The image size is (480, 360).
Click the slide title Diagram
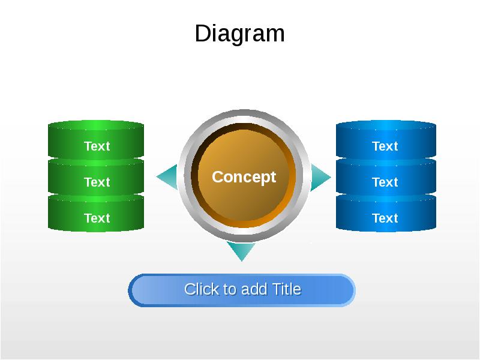coord(239,34)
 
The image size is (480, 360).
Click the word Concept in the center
coord(244,177)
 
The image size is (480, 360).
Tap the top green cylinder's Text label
coord(97,146)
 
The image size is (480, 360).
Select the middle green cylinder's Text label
coord(97,182)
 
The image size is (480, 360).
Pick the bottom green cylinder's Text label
coord(97,218)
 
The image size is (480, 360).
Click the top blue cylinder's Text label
coord(385,146)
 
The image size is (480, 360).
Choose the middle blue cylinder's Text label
coord(385,182)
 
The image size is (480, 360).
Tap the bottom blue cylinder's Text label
coord(385,218)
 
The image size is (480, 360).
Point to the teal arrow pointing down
coord(241,251)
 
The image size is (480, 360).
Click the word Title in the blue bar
coord(286,289)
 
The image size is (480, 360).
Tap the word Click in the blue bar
coord(202,289)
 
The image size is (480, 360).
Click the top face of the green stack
coord(96,126)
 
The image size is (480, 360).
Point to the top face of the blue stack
coord(386,126)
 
